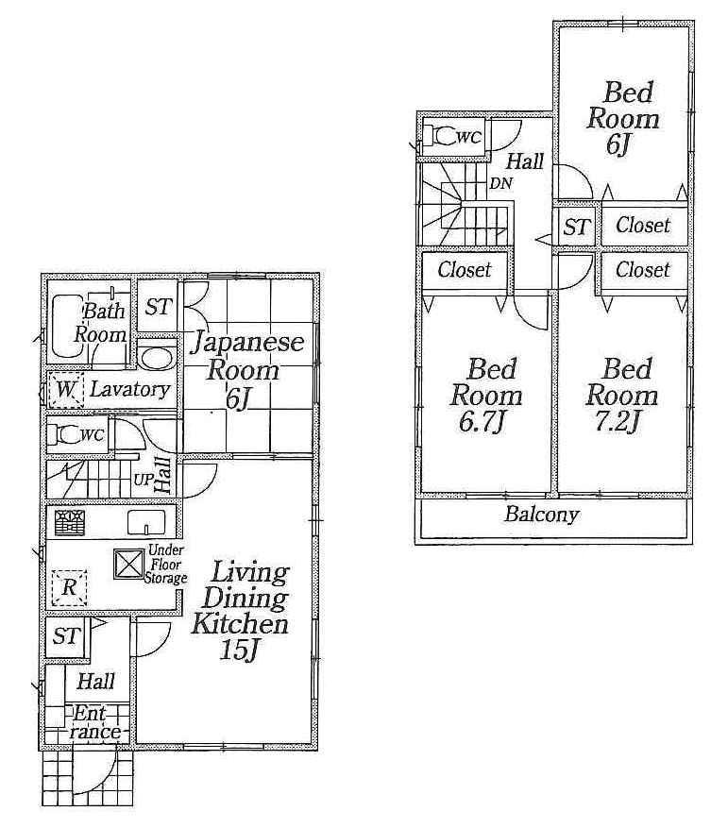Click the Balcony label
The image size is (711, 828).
[x=541, y=515]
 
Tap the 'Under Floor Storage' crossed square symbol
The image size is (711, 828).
[x=127, y=564]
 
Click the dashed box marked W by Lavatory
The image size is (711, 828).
[x=66, y=389]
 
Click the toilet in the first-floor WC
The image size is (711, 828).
[x=68, y=435]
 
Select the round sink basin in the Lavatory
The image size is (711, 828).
[x=157, y=359]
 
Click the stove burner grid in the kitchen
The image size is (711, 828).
[x=69, y=522]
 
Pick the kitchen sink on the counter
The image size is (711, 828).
[x=146, y=522]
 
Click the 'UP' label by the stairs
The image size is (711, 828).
[x=144, y=479]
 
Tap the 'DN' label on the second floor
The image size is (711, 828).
[x=500, y=184]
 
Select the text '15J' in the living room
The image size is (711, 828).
[x=240, y=651]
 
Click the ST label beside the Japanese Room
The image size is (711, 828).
[x=158, y=307]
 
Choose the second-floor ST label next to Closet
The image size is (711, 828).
[x=576, y=227]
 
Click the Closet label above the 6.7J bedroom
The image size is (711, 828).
[x=465, y=270]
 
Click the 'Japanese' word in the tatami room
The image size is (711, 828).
[x=249, y=341]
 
